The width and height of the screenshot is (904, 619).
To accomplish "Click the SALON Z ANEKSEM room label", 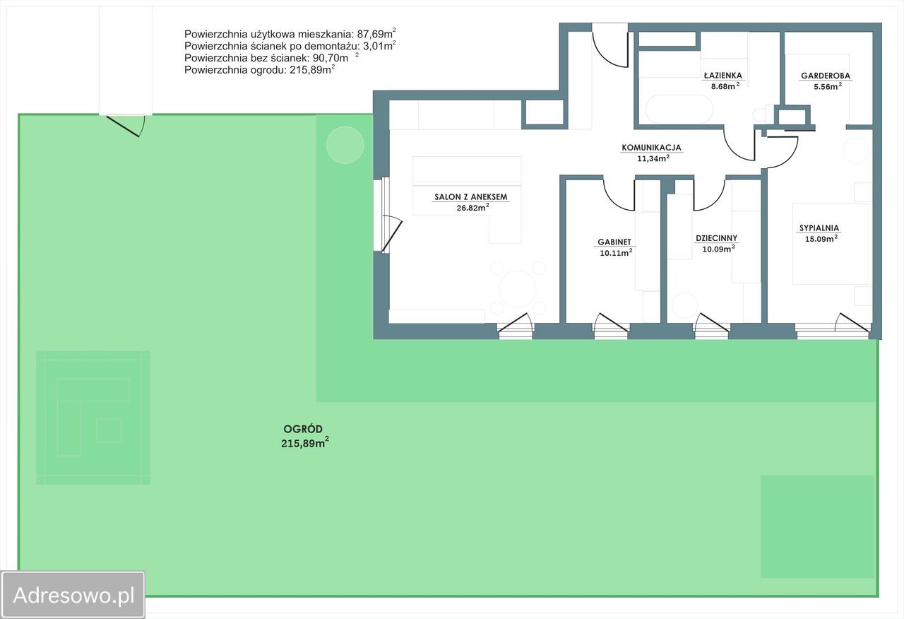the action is coord(470,197).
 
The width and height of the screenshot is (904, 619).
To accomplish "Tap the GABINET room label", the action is coord(614,242).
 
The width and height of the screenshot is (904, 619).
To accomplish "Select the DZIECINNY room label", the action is coord(716,238).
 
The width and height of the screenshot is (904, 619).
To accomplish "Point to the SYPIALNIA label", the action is coord(819,228).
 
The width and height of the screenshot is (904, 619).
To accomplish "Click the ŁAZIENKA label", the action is coord(723,75).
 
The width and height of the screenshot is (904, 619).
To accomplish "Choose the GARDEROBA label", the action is coord(826,76).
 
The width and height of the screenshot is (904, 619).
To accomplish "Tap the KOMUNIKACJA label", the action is coord(651,148).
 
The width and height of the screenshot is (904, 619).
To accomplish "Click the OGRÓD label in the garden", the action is coord(303,429).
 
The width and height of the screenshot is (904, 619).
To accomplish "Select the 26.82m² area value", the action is coord(473,208).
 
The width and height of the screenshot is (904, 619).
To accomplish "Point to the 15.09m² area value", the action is coord(821,238).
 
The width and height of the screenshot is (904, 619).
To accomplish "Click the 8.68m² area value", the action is coord(725,86).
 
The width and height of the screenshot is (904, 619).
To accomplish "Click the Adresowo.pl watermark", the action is coord(73,596).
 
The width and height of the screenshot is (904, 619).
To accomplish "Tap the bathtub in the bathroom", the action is coord(679,109).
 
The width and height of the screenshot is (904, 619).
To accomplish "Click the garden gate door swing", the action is coord(125,126).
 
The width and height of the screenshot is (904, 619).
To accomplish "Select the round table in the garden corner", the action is coord(345,145).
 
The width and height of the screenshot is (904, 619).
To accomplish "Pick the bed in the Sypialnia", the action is coord(830,244).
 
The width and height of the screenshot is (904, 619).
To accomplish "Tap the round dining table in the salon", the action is coord(518,289).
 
